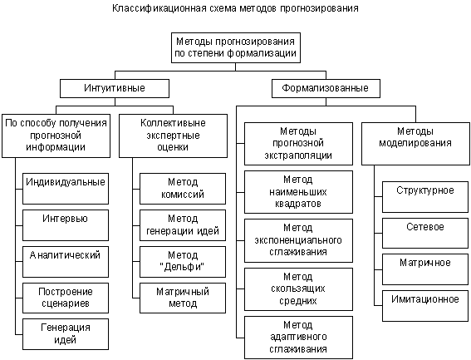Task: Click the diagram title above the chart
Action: [x=235, y=8]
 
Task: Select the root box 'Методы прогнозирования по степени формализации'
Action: [x=236, y=48]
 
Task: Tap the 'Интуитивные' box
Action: [x=115, y=88]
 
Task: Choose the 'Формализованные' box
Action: [x=326, y=88]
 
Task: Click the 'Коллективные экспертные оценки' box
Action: [x=173, y=136]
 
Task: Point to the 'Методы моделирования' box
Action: [x=415, y=144]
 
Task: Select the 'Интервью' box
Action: [x=66, y=225]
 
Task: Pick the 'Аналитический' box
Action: [x=66, y=262]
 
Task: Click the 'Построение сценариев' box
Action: [x=66, y=298]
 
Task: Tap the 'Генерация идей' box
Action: [x=66, y=334]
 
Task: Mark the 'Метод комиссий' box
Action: [x=183, y=189]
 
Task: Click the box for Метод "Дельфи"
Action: [x=183, y=262]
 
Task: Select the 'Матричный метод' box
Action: [x=183, y=298]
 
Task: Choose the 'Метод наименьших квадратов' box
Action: [x=298, y=192]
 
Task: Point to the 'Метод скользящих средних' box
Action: [x=298, y=289]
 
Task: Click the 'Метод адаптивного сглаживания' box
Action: [x=298, y=338]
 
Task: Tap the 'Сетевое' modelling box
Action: [x=425, y=233]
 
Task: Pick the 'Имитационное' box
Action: [x=425, y=306]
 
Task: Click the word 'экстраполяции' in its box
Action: [x=298, y=155]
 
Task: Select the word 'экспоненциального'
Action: [x=298, y=240]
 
